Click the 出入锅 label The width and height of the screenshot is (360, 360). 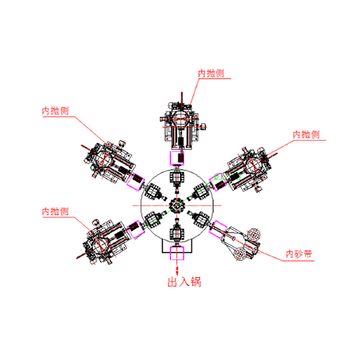[x=184, y=282]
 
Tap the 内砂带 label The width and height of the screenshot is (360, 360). [x=299, y=254]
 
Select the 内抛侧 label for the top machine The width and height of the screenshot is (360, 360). [x=211, y=73]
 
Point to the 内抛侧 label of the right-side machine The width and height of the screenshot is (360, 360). [x=306, y=135]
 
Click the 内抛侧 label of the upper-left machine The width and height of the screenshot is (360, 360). [x=55, y=111]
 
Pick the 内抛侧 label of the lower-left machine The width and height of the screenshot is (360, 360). [x=55, y=212]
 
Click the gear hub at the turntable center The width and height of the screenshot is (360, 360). [x=177, y=205]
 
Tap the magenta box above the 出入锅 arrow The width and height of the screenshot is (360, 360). [x=177, y=253]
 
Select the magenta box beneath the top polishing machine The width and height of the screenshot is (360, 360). [x=177, y=158]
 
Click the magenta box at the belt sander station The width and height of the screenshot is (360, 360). [x=218, y=229]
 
